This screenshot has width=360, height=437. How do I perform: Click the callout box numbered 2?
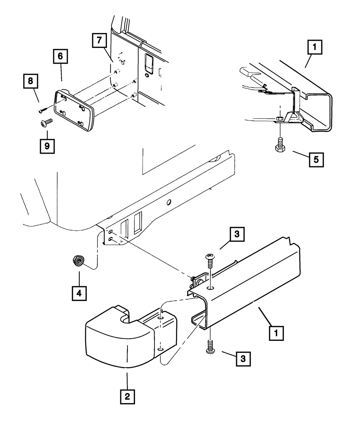pyautogui.click(x=127, y=397)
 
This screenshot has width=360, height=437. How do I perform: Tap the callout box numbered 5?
pyautogui.click(x=316, y=159)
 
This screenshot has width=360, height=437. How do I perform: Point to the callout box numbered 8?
pyautogui.click(x=31, y=81)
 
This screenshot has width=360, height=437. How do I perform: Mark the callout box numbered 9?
pyautogui.click(x=47, y=146)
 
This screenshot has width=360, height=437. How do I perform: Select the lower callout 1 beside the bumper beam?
pyautogui.click(x=276, y=333)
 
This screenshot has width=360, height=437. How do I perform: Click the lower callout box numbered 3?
pyautogui.click(x=243, y=359)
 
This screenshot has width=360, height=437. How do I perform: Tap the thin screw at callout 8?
pyautogui.click(x=44, y=109)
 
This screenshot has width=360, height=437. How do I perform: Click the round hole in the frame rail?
pyautogui.click(x=168, y=202)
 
